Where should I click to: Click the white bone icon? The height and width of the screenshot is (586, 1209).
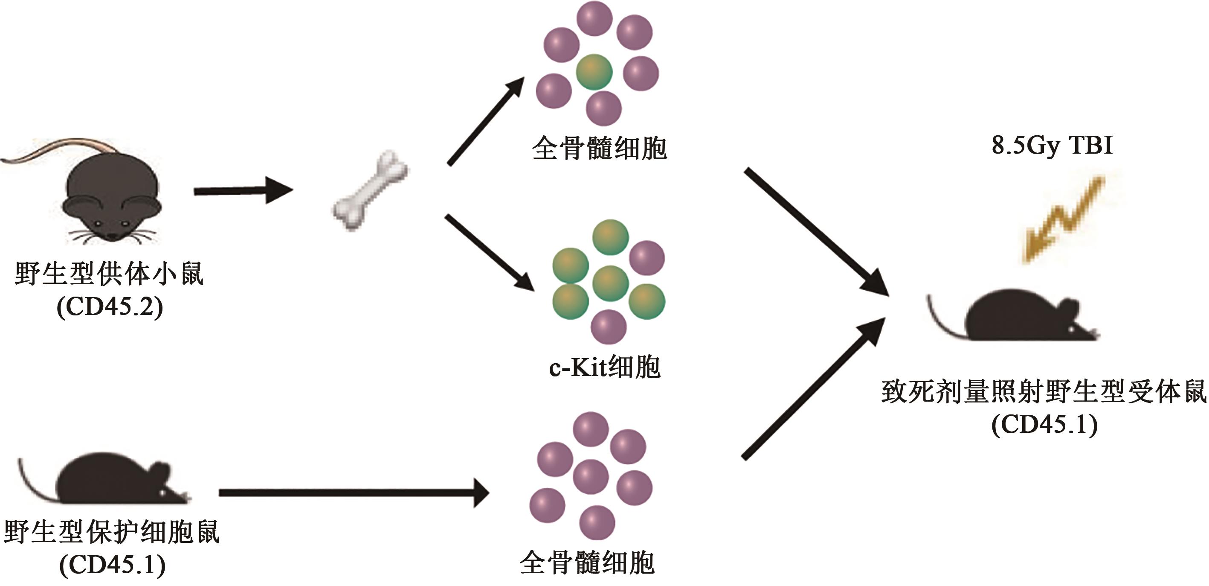(x=370, y=191)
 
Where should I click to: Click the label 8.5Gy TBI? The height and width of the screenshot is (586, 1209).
(x=1052, y=146)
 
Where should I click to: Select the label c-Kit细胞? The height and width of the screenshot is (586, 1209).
(x=605, y=367)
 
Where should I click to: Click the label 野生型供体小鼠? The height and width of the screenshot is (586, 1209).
(x=109, y=273)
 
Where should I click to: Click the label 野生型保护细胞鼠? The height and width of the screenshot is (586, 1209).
(x=112, y=531)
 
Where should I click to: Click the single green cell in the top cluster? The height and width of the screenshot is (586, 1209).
(x=594, y=72)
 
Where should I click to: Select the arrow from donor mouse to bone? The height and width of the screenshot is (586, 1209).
(x=243, y=191)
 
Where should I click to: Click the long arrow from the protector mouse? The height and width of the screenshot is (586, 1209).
(x=353, y=493)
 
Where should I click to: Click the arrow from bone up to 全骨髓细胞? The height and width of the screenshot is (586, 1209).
(x=485, y=122)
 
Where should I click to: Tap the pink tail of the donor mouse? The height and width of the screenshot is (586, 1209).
(x=56, y=148)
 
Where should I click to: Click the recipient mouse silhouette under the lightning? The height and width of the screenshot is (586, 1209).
(x=1018, y=317)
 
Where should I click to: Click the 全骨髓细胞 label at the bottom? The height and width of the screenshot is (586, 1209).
(x=587, y=563)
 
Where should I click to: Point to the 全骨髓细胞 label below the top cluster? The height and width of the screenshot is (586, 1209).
(x=599, y=149)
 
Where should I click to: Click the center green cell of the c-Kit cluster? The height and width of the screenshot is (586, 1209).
(x=610, y=283)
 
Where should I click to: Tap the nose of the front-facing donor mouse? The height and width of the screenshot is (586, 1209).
(x=113, y=235)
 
